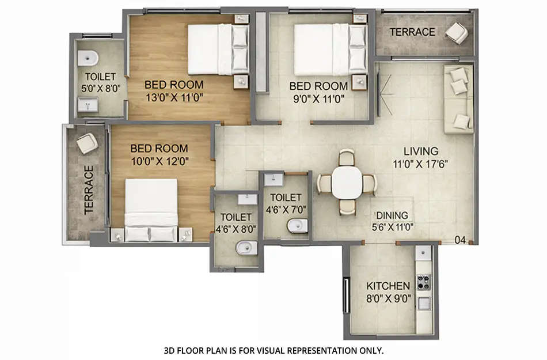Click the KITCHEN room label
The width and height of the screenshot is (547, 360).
(x=388, y=286)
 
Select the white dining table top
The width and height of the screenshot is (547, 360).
(x=347, y=183)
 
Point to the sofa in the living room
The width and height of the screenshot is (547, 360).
(x=458, y=98)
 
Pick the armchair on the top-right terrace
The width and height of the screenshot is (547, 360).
(x=457, y=32)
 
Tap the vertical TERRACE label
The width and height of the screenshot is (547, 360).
(x=89, y=190)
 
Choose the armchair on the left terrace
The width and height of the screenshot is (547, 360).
(x=87, y=142)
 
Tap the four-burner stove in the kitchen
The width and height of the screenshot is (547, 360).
(x=424, y=282)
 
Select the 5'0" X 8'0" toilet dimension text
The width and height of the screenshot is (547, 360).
(x=100, y=88)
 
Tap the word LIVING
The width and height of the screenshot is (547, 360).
(x=420, y=151)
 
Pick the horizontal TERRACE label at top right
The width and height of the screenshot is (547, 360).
(x=412, y=32)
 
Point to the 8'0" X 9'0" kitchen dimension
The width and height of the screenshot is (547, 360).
(x=388, y=298)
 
